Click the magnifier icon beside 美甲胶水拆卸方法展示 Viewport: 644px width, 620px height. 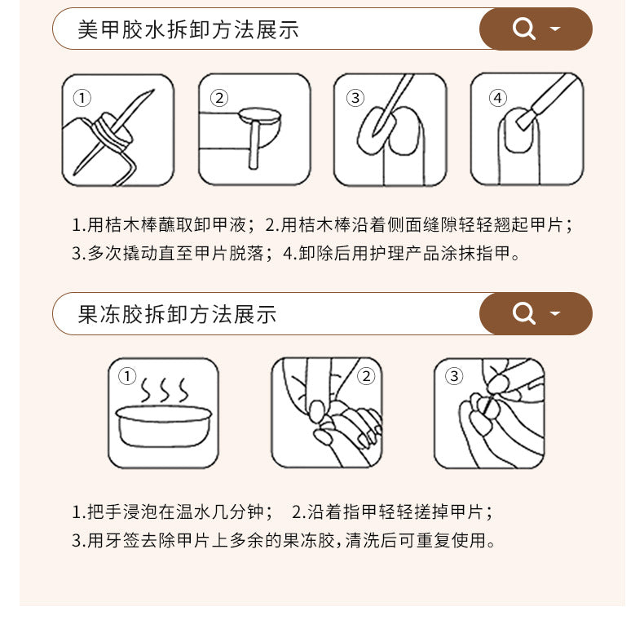tap(523, 29)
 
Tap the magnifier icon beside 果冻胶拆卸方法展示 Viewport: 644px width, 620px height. tap(523, 313)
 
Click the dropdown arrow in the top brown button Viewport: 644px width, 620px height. tap(555, 29)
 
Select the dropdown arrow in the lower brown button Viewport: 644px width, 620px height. tap(555, 313)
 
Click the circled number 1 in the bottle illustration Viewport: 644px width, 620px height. tap(82, 98)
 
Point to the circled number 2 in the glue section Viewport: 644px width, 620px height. tap(219, 98)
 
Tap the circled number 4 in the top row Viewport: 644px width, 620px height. tap(498, 98)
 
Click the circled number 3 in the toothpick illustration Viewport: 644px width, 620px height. tap(454, 376)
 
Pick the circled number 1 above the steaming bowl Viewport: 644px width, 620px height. tap(127, 376)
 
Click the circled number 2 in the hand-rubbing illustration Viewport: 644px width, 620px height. tap(366, 376)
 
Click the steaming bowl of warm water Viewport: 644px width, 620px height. tap(164, 426)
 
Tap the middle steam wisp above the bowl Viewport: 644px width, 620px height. tap(165, 390)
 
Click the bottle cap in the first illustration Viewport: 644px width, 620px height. tap(112, 132)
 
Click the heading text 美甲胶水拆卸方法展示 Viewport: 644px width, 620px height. tap(188, 29)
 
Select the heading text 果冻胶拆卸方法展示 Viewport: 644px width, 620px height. tap(177, 315)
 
